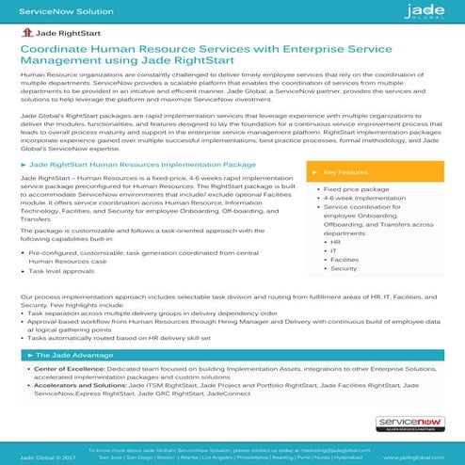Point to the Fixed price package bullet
click(354, 188)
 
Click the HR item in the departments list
click(336, 242)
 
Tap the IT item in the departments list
click(335, 251)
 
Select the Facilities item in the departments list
click(345, 260)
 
